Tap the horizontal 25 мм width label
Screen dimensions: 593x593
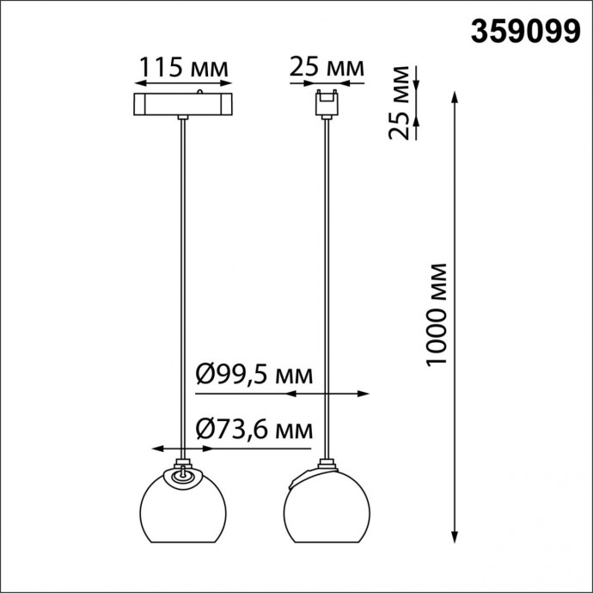(327, 67)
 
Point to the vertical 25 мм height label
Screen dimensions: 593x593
(397, 102)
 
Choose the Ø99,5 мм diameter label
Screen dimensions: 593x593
(254, 376)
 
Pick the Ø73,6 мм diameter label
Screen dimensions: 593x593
(254, 428)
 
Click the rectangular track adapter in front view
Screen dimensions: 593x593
(183, 105)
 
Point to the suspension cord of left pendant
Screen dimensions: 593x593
(183, 284)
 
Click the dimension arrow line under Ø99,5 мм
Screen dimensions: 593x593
(327, 394)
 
